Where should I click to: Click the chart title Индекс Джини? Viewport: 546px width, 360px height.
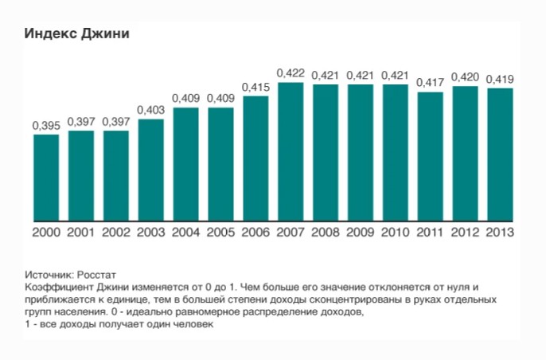(x=76, y=34)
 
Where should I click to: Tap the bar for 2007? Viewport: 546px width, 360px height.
(x=291, y=151)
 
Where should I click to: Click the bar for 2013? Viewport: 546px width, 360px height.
(x=500, y=155)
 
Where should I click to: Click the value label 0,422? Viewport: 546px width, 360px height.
(x=291, y=73)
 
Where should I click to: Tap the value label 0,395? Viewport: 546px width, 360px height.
(x=46, y=125)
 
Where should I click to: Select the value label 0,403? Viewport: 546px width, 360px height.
(x=150, y=110)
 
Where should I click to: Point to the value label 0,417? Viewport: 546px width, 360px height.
(x=430, y=83)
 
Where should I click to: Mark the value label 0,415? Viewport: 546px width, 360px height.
(x=255, y=87)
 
